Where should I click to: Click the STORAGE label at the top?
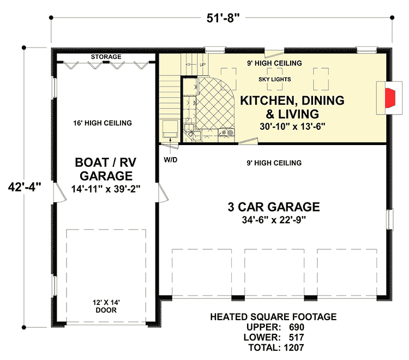click(x=105, y=57)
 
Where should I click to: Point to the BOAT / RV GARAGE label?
click(x=105, y=169)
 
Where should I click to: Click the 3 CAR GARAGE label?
click(x=273, y=207)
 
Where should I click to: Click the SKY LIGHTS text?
click(x=274, y=79)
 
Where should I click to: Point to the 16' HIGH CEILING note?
click(x=103, y=123)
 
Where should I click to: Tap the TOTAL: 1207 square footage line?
click(x=273, y=347)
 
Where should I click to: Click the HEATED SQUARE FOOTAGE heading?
click(x=273, y=317)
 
